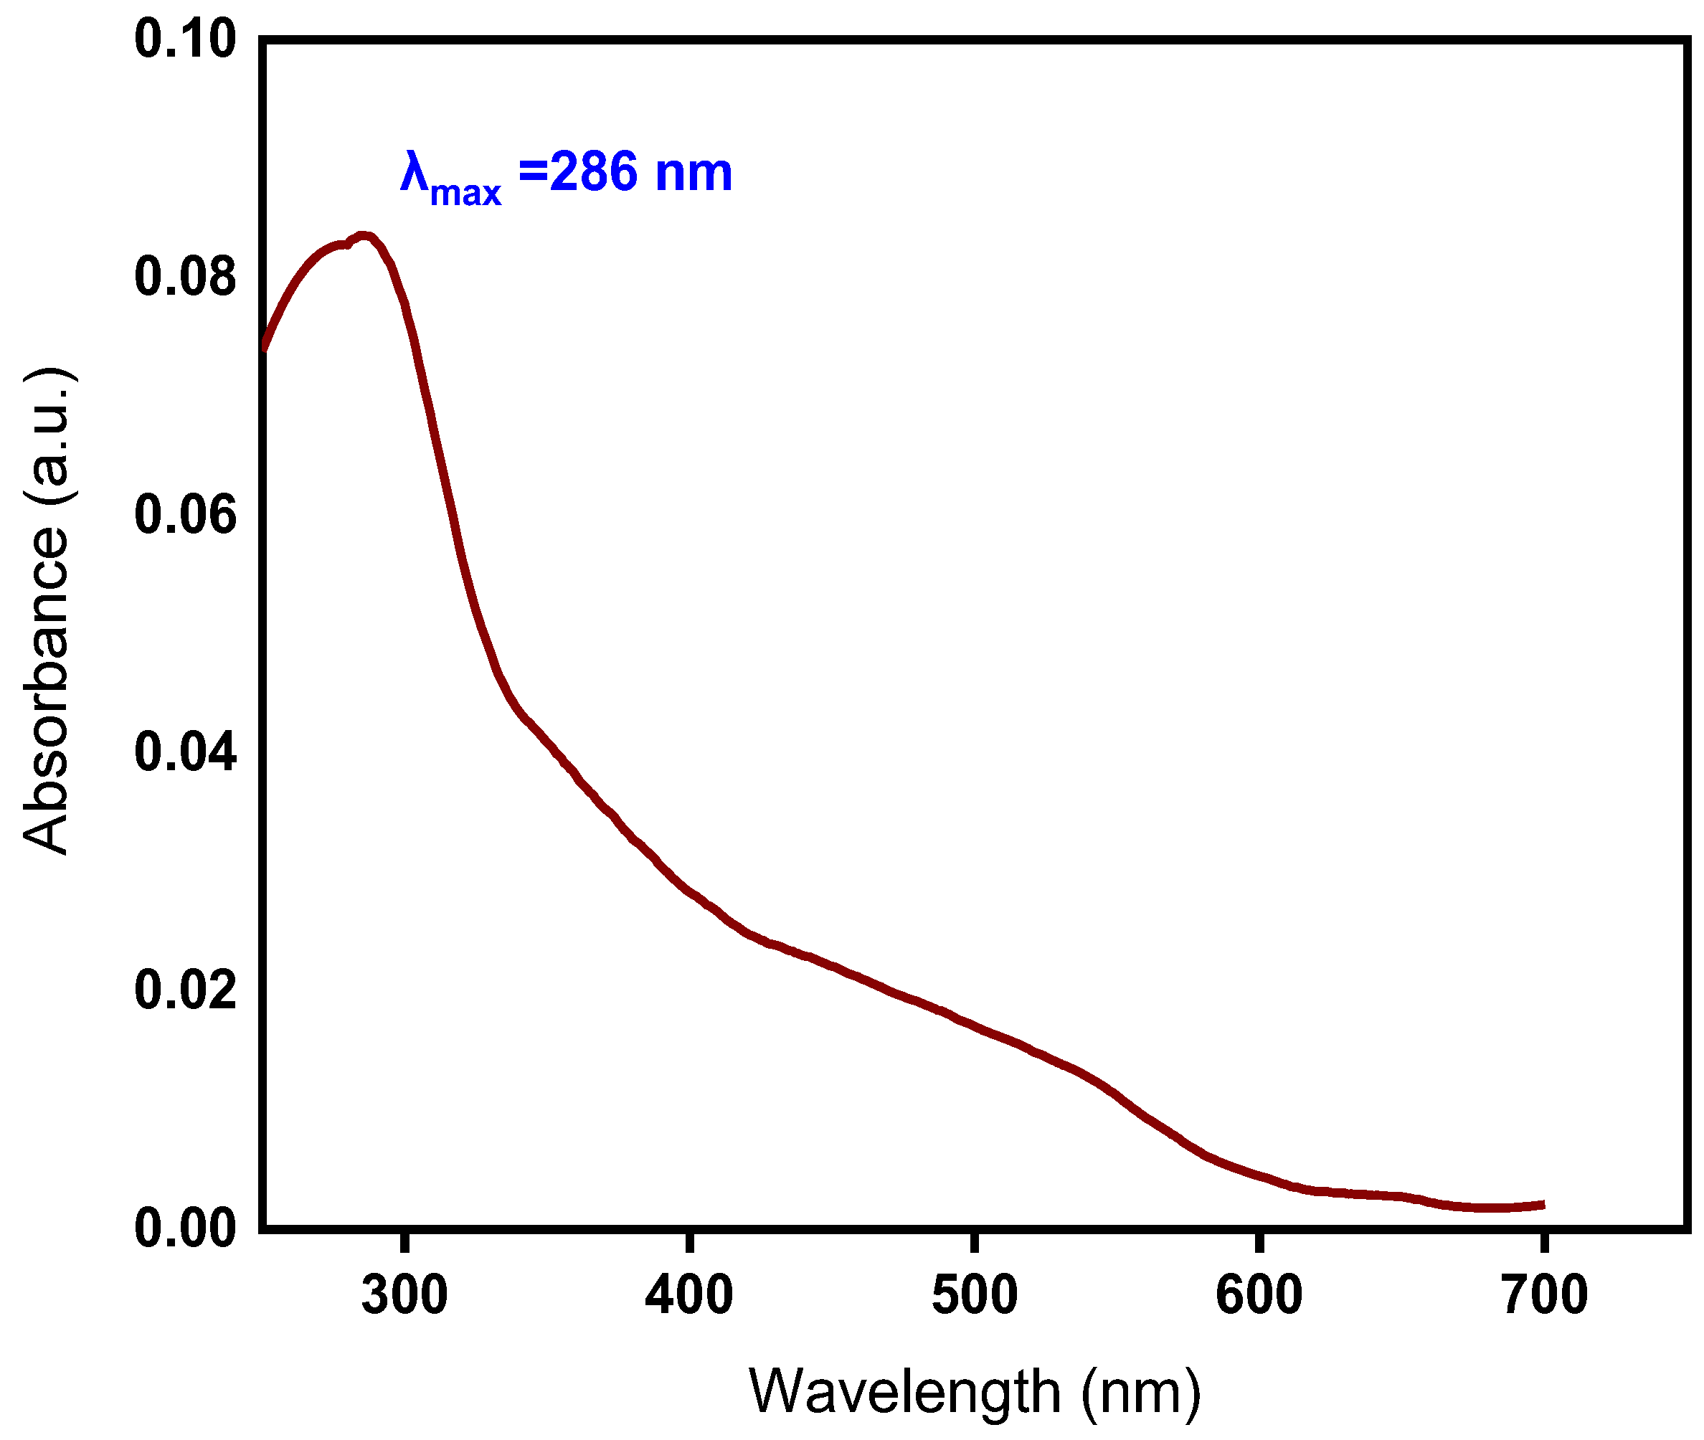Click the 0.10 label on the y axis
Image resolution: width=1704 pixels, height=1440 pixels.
point(184,39)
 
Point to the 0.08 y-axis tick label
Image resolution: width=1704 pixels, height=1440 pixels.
point(184,276)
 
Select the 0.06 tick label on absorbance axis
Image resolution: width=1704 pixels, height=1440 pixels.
point(184,515)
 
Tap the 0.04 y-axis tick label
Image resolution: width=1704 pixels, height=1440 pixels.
point(184,752)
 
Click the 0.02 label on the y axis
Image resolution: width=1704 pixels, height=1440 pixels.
point(184,990)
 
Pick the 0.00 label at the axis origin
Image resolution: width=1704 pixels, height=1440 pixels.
point(184,1227)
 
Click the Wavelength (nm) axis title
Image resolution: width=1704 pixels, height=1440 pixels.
point(974,1392)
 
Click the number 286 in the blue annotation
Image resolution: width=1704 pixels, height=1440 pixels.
point(593,172)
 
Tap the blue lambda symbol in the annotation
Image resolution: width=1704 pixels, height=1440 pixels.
point(414,172)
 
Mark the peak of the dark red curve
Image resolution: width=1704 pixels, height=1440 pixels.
point(364,237)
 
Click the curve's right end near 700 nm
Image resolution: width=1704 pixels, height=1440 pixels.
point(1541,1205)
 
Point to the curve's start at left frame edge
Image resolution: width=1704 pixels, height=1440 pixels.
point(265,348)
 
